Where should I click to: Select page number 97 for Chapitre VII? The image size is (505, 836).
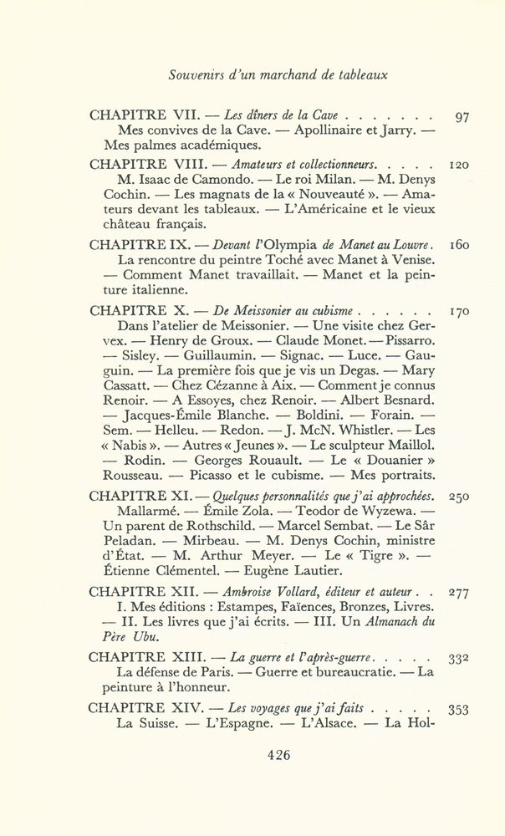click(461, 117)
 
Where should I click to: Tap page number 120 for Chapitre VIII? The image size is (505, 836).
click(457, 165)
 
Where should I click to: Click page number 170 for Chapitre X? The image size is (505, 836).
click(457, 310)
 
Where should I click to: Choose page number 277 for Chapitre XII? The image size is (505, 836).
click(457, 593)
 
